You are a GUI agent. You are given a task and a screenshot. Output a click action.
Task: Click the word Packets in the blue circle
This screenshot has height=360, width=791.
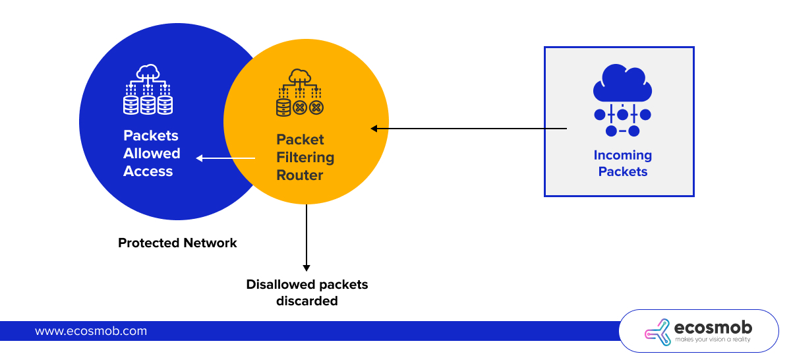pos(151,136)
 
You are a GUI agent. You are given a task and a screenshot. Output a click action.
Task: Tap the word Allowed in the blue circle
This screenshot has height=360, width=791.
pos(152,154)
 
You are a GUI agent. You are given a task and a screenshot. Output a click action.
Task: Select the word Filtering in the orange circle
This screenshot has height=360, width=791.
pos(305,158)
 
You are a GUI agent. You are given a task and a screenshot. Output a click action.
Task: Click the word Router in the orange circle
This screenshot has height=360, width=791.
pos(300,175)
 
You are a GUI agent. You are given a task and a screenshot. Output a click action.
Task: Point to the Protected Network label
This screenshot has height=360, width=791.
pos(177,243)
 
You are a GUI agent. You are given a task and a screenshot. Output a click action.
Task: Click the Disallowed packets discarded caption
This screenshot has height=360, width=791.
pos(307,293)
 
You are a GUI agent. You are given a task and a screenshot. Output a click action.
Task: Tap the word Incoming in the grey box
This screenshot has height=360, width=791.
pos(622,156)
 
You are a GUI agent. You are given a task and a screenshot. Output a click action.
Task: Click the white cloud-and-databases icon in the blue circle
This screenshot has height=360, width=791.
pos(148,90)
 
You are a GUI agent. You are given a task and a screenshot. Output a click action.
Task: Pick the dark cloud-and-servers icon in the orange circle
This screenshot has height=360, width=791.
pos(300,93)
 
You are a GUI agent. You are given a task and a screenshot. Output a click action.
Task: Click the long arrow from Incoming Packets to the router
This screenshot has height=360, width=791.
pos(469,129)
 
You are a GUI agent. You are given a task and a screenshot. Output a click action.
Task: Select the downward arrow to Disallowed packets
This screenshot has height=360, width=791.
pos(307,237)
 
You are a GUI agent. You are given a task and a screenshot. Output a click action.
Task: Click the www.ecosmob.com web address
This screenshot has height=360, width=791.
pos(91,331)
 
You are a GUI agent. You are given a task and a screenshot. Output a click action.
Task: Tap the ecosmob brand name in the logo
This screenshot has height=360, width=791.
pos(713,327)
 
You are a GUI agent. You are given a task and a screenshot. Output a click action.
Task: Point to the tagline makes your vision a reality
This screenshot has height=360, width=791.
pos(713,340)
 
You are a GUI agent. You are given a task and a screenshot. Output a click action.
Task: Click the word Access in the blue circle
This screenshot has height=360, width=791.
pos(148,171)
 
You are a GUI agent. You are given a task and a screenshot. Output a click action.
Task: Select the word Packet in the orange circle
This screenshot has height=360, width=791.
pos(300,140)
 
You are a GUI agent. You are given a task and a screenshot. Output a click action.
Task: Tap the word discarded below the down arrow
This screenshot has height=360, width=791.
pos(307,301)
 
